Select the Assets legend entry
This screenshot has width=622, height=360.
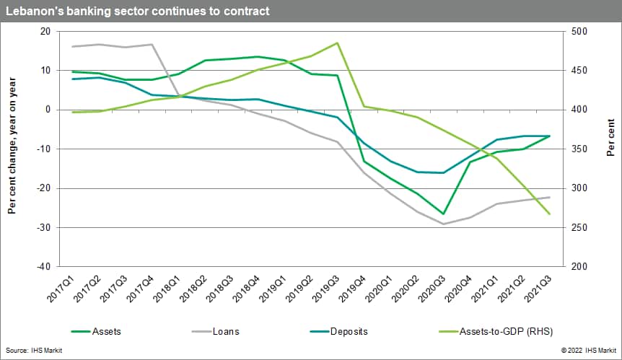pos(106,331)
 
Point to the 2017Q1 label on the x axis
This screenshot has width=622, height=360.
pos(63,289)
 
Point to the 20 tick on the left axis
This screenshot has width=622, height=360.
pos(45,32)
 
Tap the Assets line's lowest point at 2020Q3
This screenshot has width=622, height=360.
pos(443,214)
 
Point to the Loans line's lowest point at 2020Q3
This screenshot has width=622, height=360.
pos(443,224)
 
